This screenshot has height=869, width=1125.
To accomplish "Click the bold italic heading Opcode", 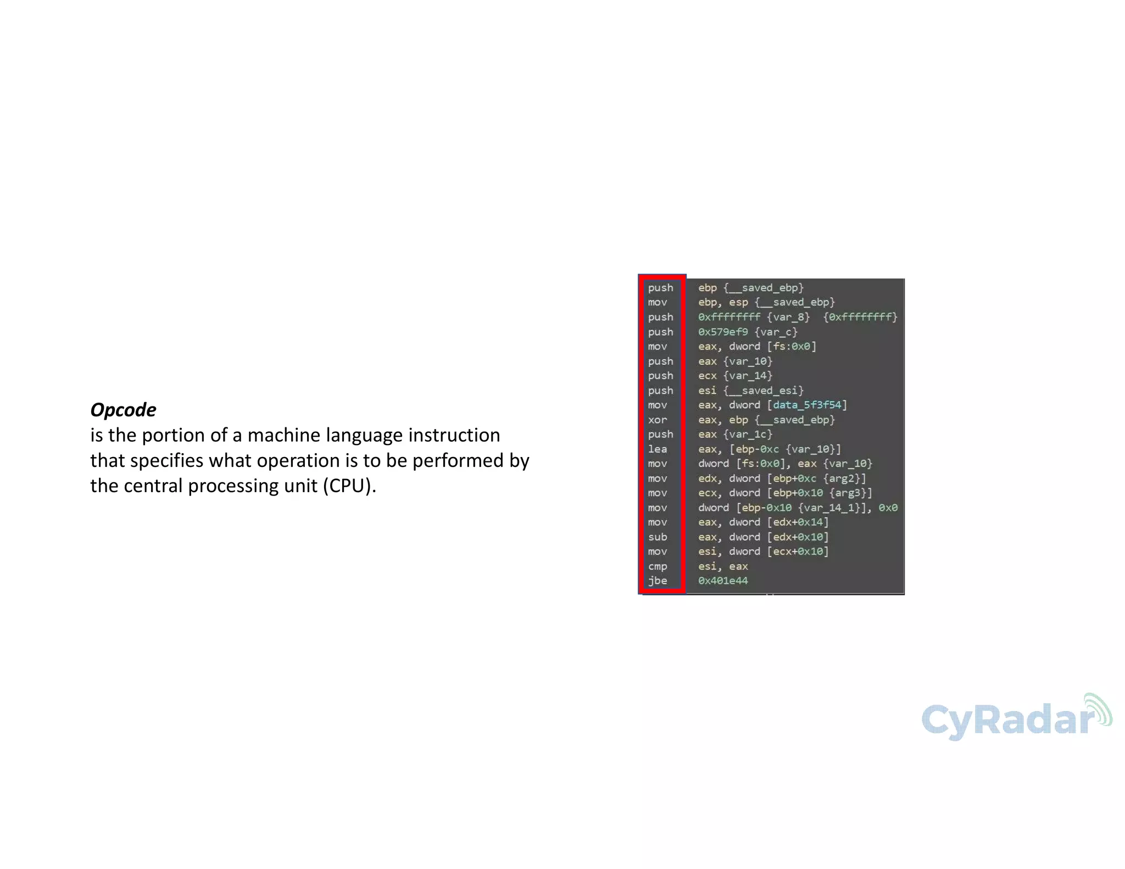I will point(123,410).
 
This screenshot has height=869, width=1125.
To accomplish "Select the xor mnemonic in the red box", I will point(658,420).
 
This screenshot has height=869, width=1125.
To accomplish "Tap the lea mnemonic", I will point(658,449).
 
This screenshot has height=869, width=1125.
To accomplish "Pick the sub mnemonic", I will point(658,537).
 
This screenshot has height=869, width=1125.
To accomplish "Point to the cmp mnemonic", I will point(658,566).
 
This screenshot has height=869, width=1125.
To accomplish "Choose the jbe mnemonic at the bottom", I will point(658,581).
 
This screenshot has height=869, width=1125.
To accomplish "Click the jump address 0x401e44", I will point(723,581).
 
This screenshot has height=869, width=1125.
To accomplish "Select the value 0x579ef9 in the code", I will point(723,332).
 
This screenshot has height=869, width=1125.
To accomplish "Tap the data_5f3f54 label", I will point(807,405).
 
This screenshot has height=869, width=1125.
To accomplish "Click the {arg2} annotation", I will point(844,478).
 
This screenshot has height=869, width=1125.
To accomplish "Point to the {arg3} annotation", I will point(850,493).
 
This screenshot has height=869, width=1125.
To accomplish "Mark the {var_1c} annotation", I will point(748,434).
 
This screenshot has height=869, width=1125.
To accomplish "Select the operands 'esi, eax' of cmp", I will point(723,566).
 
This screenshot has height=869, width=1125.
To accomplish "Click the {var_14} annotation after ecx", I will point(748,376).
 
